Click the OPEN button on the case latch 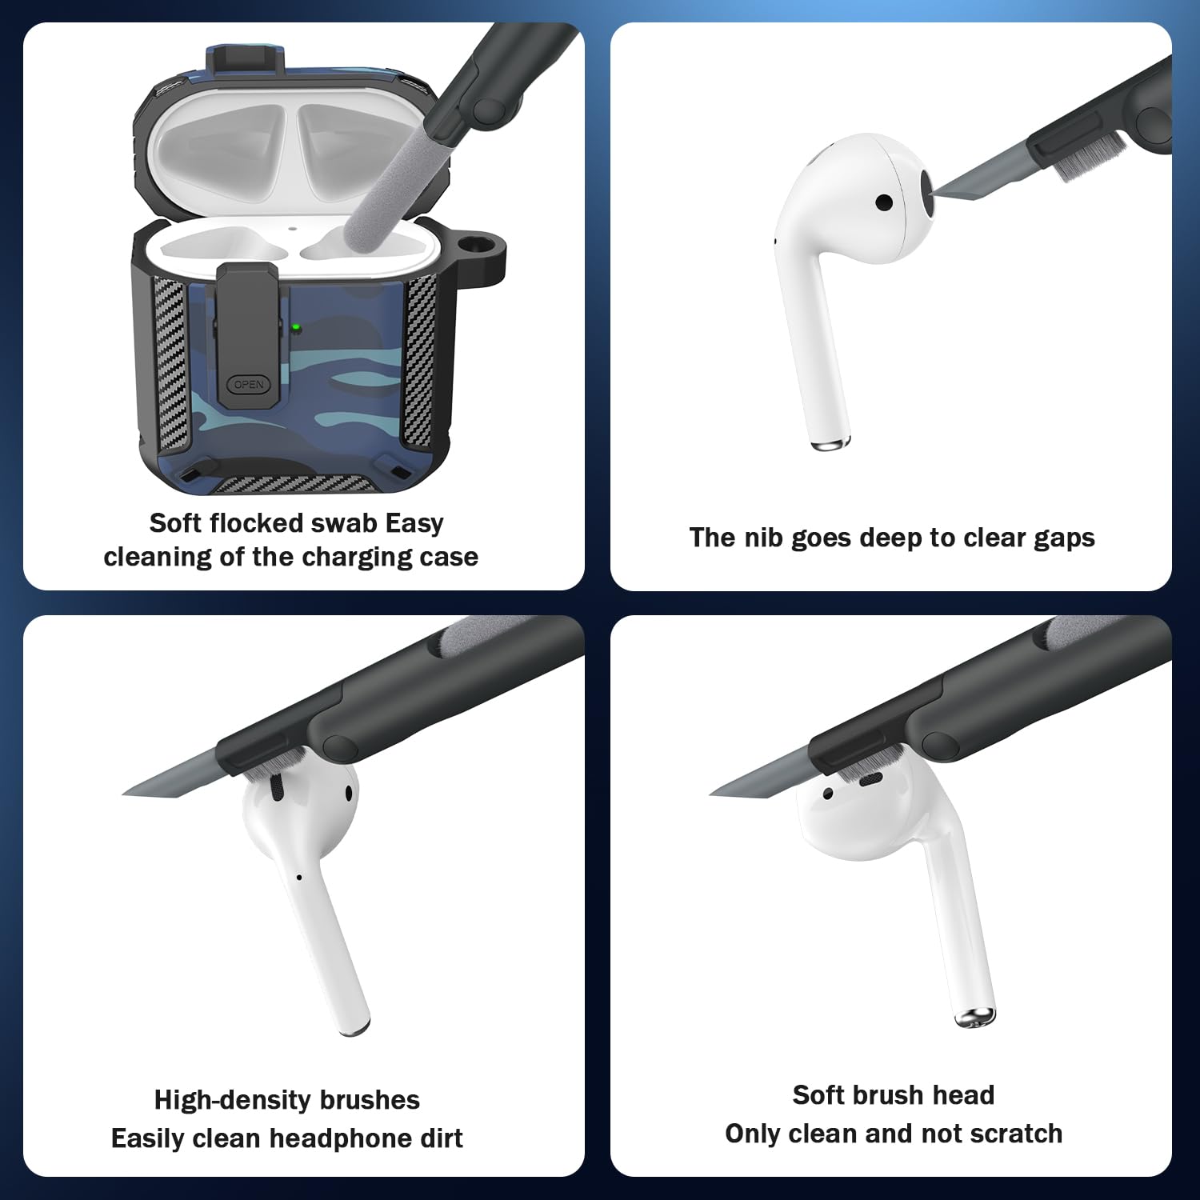coord(249,385)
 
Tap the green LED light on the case coord(296,327)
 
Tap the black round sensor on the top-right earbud coord(884,202)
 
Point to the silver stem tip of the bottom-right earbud coord(975,1018)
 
